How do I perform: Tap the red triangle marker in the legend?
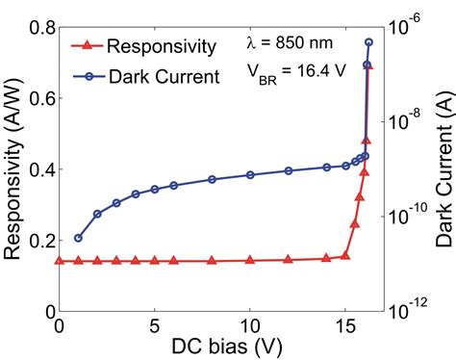pyautogui.click(x=87, y=45)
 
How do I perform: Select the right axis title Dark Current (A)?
pyautogui.click(x=443, y=174)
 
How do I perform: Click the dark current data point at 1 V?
pyautogui.click(x=78, y=238)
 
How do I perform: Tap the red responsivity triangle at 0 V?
pyautogui.click(x=60, y=261)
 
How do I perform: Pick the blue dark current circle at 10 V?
pyautogui.click(x=250, y=174)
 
